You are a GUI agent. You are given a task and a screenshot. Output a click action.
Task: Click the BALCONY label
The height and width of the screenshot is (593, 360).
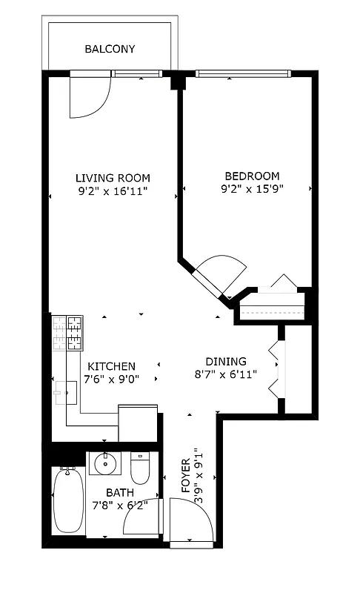pos(110,50)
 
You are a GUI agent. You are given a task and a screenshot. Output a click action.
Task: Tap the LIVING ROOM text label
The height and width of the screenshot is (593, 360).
pos(113,178)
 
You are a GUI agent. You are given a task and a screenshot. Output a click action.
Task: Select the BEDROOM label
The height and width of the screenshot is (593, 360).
pos(252,176)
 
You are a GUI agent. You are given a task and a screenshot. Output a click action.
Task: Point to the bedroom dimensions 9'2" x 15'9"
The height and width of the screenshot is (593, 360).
pos(252,188)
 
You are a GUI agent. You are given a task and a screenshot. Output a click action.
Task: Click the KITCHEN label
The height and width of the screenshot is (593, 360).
pos(111,366)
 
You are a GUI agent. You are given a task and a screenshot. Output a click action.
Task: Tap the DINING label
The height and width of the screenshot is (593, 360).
pos(226,361)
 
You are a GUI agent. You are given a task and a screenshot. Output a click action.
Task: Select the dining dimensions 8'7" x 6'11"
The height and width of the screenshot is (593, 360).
pos(226,374)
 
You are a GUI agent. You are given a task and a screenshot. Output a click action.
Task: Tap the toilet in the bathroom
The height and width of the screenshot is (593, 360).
pos(140,467)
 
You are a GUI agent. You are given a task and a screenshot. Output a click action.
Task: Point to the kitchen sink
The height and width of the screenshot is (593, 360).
pos(67,391)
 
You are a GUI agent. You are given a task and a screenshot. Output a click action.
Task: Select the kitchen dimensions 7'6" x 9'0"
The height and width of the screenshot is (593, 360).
pos(111,379)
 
